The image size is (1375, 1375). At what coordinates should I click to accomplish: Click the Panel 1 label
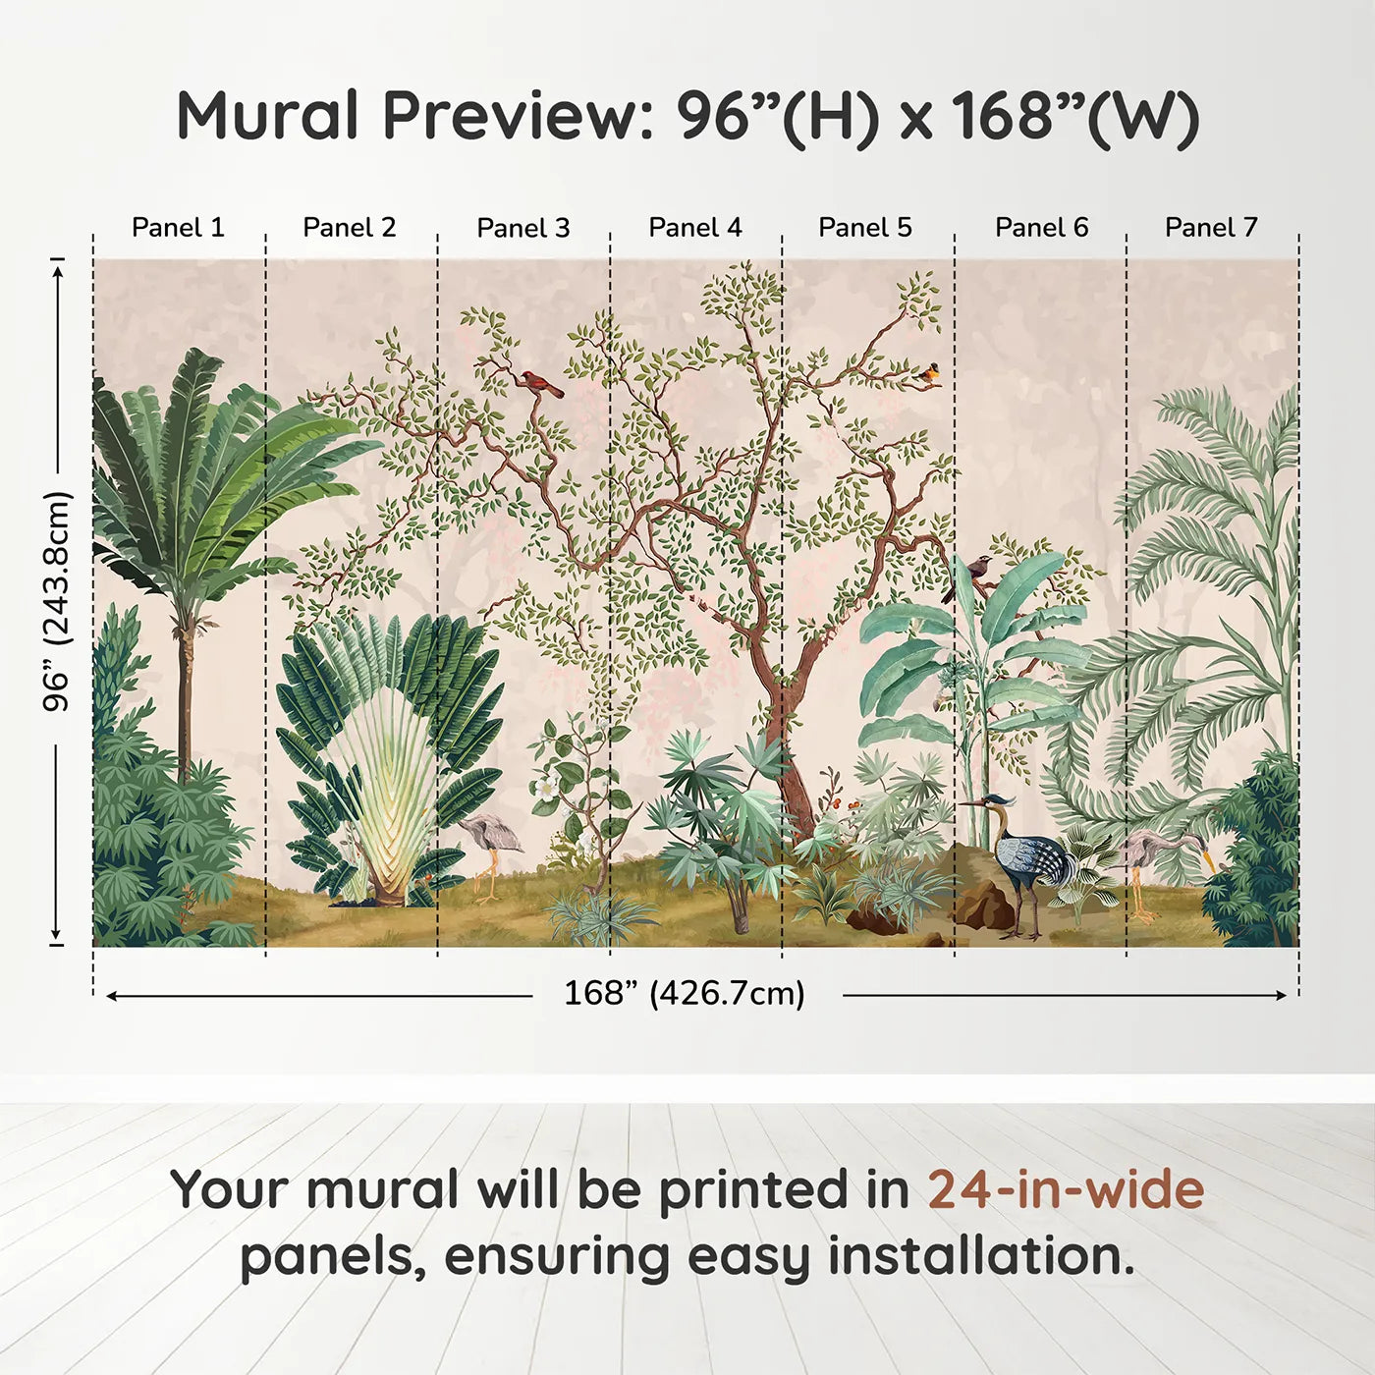point(178,228)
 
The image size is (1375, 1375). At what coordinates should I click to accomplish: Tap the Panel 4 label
point(695,228)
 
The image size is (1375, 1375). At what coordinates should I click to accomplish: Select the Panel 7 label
point(1211,228)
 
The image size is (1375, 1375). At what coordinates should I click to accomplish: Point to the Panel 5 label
point(865,228)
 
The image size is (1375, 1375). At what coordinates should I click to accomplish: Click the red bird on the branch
point(541,383)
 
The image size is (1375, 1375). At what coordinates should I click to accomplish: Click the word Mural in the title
point(267,116)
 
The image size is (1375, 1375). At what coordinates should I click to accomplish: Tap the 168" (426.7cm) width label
point(685,993)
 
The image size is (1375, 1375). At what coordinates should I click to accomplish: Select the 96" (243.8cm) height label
point(57,601)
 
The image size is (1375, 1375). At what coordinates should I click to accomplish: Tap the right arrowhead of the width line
point(1282,995)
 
